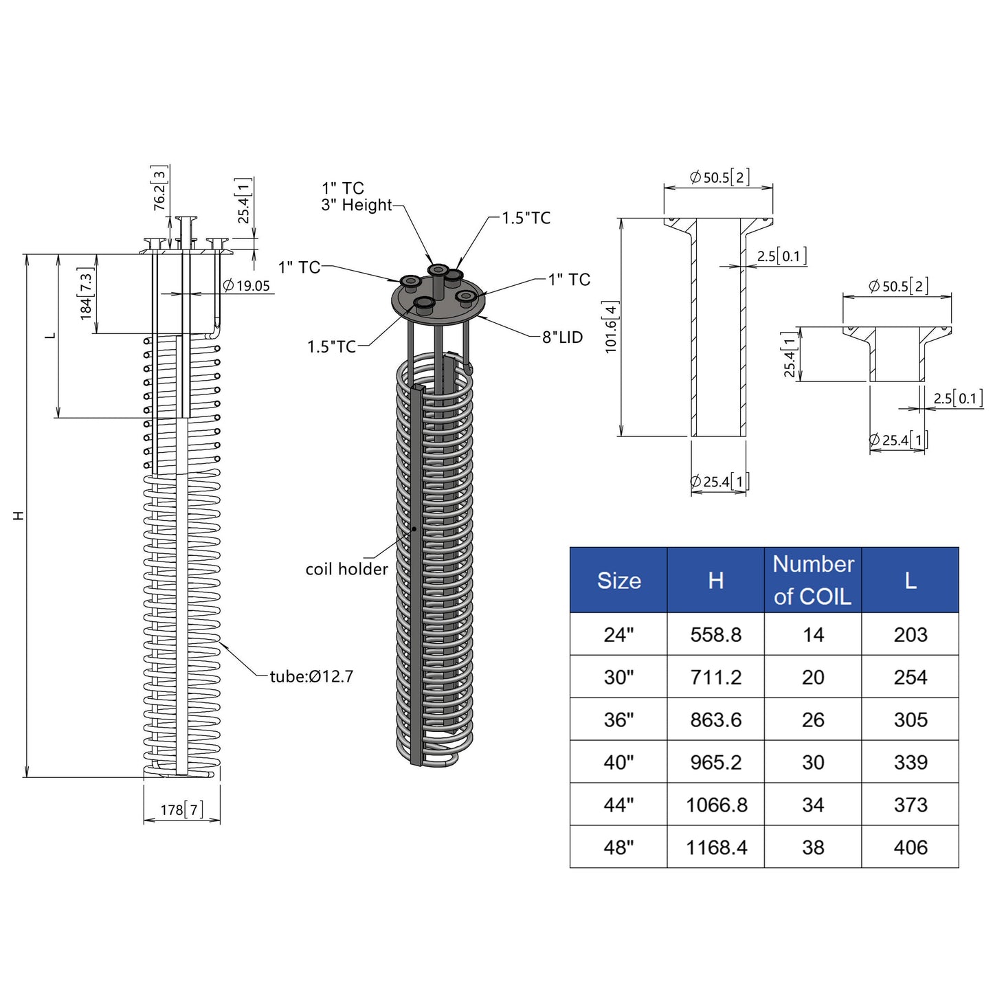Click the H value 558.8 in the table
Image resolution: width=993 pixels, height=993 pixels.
716,635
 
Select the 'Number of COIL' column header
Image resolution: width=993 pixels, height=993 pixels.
813,580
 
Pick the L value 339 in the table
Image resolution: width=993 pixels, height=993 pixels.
911,762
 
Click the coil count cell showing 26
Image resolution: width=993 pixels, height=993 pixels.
813,720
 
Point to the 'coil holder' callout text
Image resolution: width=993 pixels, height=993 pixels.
346,569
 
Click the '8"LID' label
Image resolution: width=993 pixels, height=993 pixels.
562,337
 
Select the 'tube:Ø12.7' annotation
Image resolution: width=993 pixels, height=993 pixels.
312,676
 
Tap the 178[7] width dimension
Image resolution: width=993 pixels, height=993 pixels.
181,810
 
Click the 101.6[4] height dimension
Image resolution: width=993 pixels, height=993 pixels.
611,326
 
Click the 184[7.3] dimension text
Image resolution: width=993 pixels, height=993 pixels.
85,293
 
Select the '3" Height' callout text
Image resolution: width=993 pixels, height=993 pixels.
357,205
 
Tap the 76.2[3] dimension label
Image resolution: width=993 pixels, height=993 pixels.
159,188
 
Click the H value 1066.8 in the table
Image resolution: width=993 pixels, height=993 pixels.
716,805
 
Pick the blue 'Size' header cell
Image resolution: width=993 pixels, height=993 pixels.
618,580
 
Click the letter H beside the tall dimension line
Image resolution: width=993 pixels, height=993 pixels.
18,515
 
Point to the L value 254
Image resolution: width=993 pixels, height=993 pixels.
911,677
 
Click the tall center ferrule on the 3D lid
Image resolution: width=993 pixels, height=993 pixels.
438,281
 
